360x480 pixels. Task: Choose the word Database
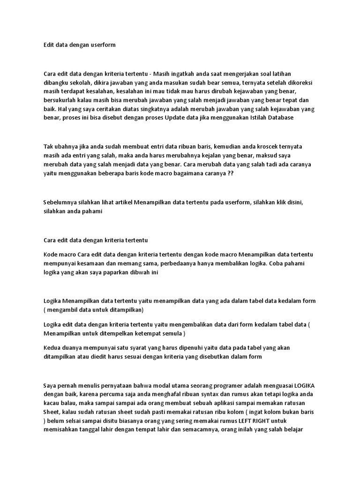[x=279, y=118]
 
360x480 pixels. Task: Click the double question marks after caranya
[x=230, y=173]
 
